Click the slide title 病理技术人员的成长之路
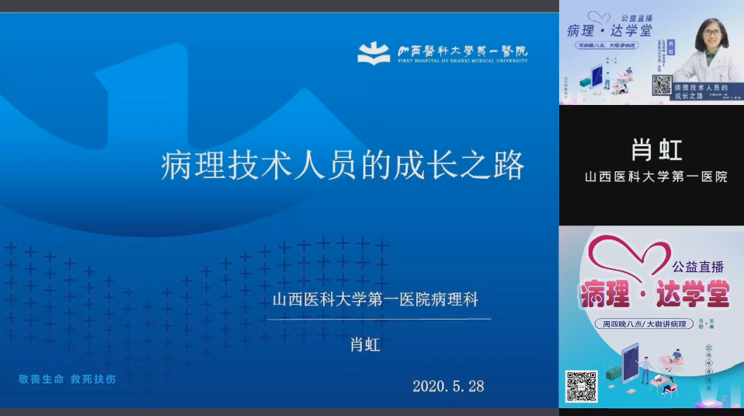coord(342,166)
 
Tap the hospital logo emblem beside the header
coord(374,53)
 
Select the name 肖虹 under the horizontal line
coord(365,344)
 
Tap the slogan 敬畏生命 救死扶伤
coord(68,379)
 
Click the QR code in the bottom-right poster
coord(581,386)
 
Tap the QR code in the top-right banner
coord(661,85)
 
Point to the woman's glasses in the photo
coord(712,34)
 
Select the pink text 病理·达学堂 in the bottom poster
coord(654,294)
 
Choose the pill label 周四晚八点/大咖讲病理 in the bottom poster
coord(643,324)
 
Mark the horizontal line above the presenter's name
coord(379,319)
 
